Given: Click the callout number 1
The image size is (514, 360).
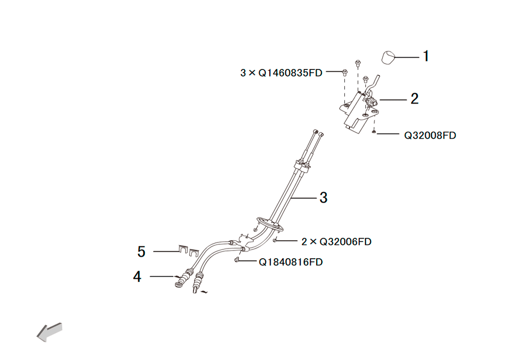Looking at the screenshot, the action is [x=426, y=56].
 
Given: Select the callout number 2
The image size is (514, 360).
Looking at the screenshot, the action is [x=415, y=99].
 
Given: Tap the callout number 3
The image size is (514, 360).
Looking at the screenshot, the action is [x=323, y=197].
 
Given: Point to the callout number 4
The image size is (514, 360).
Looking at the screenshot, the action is [x=137, y=276].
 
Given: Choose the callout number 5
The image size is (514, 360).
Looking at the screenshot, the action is [x=141, y=252].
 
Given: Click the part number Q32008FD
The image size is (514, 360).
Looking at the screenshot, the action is [x=430, y=135].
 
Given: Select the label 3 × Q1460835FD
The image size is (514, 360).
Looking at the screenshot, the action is [x=281, y=73].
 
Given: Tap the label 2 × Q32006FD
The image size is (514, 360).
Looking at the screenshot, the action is [x=336, y=242].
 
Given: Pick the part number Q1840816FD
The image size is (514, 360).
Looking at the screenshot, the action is [x=291, y=262].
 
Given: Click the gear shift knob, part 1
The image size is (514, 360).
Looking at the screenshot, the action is [x=388, y=58].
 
